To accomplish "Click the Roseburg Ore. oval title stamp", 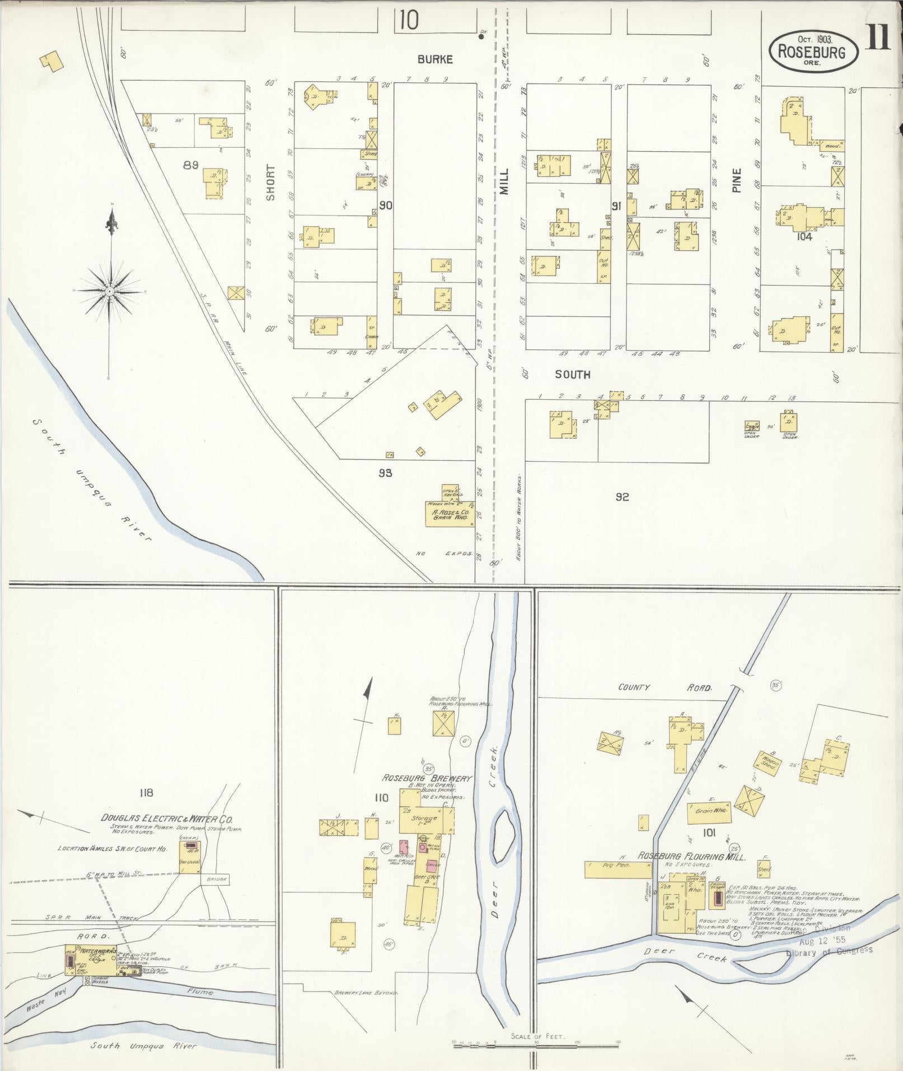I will click(815, 50).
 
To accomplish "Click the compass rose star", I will click(110, 291).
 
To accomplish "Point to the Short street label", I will click(270, 183).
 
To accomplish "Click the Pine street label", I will click(737, 181).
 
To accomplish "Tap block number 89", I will click(191, 165).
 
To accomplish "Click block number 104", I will click(804, 237).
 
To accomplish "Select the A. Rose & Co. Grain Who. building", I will click(448, 513).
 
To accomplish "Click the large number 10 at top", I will click(409, 21).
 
